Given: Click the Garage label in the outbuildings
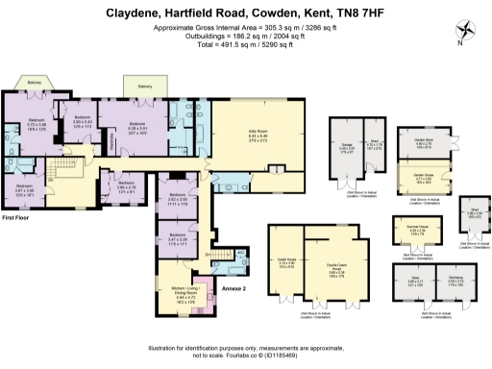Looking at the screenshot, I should pos(345,144).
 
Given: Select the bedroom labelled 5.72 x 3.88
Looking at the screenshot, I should pos(36,125).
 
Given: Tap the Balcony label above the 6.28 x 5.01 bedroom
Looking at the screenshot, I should pos(145,86).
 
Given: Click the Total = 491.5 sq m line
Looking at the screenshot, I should pos(246,43).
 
